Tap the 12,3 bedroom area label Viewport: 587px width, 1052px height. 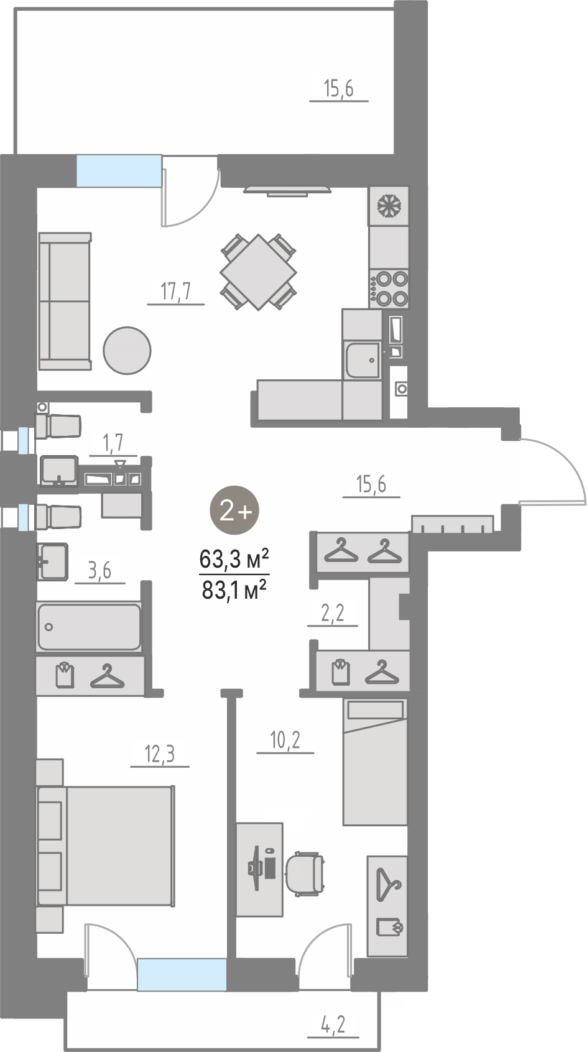click(160, 754)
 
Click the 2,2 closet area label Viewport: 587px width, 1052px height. click(333, 613)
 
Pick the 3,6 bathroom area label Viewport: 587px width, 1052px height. click(99, 571)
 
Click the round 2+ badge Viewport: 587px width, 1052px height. click(234, 510)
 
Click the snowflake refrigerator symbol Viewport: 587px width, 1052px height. click(389, 206)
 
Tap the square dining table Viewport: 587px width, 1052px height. click(259, 272)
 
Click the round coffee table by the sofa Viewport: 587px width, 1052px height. click(127, 350)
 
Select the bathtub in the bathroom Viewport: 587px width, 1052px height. click(89, 627)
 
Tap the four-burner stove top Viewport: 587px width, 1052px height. click(389, 288)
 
